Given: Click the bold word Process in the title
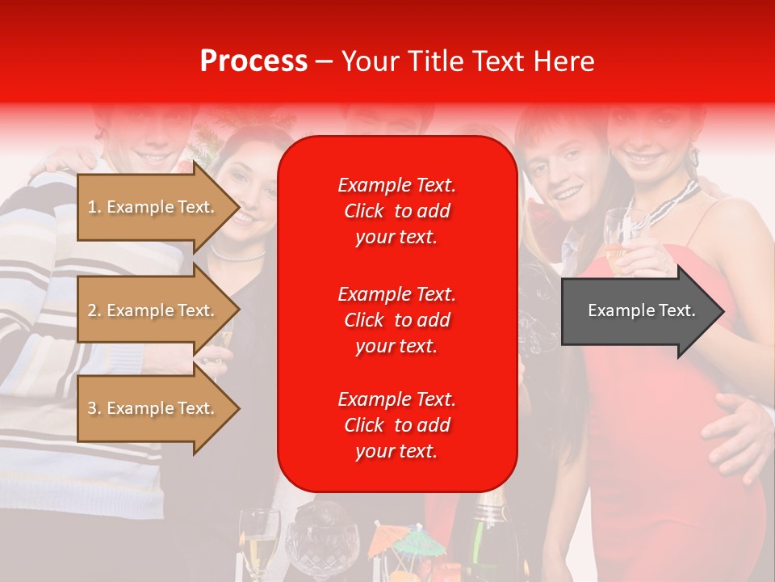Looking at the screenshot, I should tap(253, 61).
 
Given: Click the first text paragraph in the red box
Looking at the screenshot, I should tap(396, 211).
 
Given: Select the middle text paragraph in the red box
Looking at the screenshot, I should tap(396, 319).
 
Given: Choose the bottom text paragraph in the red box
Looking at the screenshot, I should tap(396, 425).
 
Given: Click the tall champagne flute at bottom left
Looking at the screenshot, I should tap(258, 542).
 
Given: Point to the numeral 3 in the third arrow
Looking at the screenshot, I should tap(93, 408).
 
